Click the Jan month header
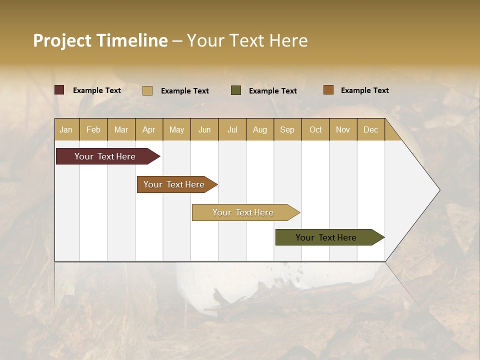pos(66,129)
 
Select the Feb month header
pos(93,129)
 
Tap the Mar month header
pos(121,129)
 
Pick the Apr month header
pos(149,129)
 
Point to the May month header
pos(176,129)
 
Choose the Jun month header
pos(204,129)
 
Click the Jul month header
pos(232,129)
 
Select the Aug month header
pos(260,129)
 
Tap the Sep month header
pos(287,129)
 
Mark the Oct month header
pos(315,129)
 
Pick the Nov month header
pos(343,129)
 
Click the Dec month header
pos(371,129)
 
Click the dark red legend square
pos(59,90)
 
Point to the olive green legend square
pos(236,90)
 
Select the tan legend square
pos(147,90)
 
